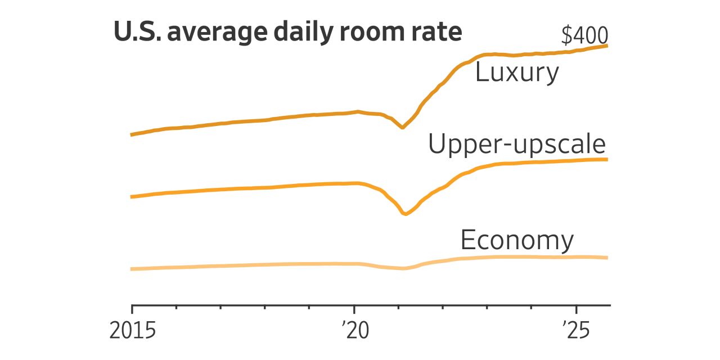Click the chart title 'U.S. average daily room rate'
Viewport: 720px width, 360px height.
click(287, 32)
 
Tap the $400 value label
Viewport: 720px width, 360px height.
click(584, 36)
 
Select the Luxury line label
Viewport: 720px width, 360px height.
click(517, 73)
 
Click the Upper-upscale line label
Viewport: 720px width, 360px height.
click(516, 145)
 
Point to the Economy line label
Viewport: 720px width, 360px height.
click(517, 240)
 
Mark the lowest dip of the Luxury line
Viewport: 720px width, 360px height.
click(403, 128)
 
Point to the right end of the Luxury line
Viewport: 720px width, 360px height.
click(607, 46)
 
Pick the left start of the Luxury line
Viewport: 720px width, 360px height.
click(132, 135)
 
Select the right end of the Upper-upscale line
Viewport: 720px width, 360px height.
click(607, 160)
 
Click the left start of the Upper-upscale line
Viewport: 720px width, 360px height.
click(132, 197)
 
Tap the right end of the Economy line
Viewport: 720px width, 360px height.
click(607, 258)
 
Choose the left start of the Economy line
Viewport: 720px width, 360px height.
click(132, 269)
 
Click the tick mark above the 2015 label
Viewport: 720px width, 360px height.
click(132, 309)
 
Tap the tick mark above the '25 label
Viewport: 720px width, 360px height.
click(576, 309)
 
